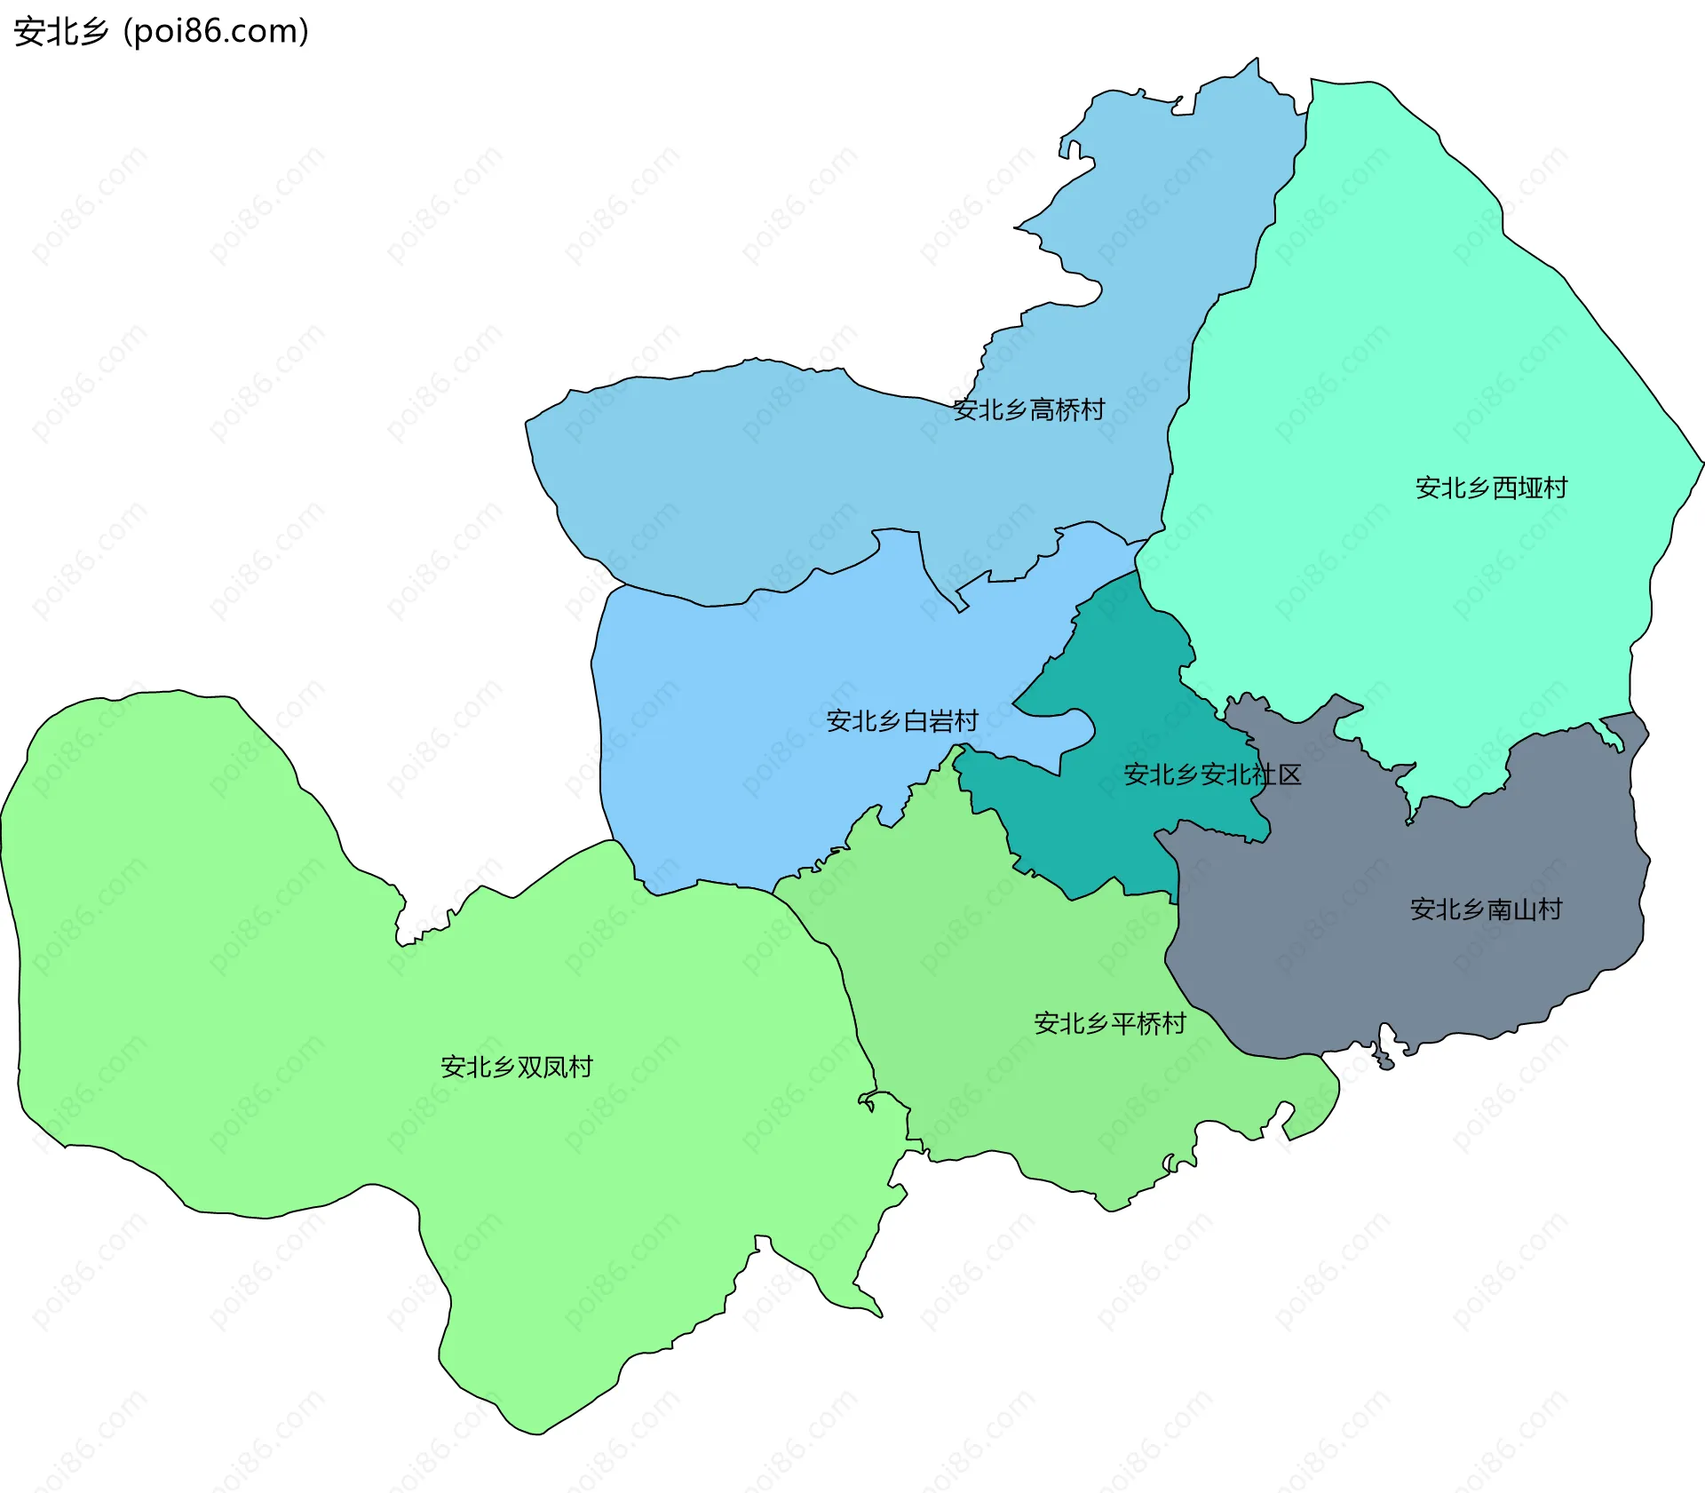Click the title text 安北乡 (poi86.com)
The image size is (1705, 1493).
[161, 31]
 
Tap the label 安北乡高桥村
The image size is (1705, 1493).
[1028, 409]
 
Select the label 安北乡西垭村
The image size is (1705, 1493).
[1491, 488]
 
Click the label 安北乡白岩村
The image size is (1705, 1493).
[901, 720]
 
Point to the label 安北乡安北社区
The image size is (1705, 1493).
[1212, 774]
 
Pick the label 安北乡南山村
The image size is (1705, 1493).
[1486, 909]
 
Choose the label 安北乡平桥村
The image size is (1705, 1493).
[1109, 1023]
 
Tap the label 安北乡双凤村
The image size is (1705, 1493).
[516, 1067]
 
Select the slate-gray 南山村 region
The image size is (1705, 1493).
[1421, 977]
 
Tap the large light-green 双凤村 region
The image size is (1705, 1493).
[266, 977]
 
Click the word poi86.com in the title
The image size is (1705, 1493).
[216, 31]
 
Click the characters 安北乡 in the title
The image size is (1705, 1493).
[60, 31]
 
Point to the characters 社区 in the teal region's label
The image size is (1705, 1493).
[1276, 774]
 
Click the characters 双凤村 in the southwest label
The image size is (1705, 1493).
[554, 1067]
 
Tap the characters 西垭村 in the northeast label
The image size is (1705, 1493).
[1529, 488]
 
